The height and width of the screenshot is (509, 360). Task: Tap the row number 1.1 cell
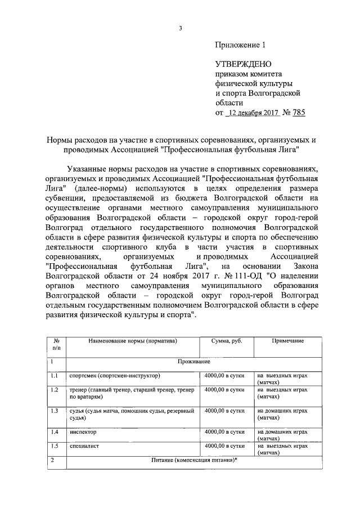(x=55, y=375)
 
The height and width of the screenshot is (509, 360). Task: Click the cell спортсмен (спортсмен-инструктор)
(x=115, y=375)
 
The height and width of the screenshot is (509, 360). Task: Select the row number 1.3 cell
(x=55, y=411)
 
